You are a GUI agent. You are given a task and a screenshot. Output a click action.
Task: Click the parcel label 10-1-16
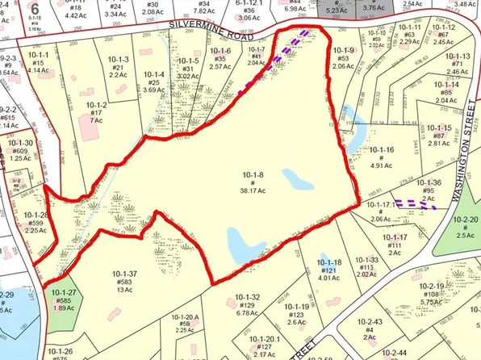pyautogui.click(x=383, y=149)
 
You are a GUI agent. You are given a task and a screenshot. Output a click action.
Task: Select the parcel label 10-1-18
pyautogui.click(x=328, y=263)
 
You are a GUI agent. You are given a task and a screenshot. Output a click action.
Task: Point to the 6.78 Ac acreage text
pyautogui.click(x=247, y=314)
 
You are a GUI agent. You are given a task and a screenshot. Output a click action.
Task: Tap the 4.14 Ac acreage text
pyautogui.click(x=38, y=70)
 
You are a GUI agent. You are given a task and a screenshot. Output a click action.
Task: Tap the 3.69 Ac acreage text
pyautogui.click(x=153, y=90)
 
